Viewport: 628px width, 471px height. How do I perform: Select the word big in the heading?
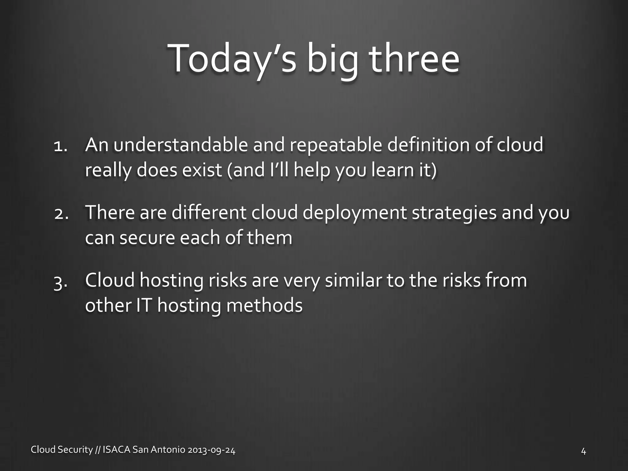tap(332, 60)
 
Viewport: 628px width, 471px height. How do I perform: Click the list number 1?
tap(60, 146)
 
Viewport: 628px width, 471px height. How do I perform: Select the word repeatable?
tap(336, 146)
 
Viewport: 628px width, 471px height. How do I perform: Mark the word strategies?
tap(454, 213)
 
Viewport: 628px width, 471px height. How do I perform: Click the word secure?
tap(147, 238)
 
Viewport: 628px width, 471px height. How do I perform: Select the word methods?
tap(264, 305)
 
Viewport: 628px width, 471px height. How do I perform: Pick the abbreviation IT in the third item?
tap(144, 305)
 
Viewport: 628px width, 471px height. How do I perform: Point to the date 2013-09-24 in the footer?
tap(211, 450)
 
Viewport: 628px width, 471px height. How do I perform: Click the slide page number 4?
tap(584, 451)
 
